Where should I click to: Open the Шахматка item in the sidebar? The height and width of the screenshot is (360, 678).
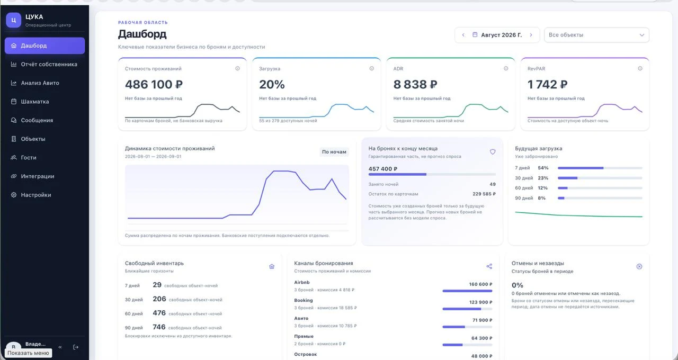coord(35,102)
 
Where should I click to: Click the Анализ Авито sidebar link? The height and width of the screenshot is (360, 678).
coord(40,83)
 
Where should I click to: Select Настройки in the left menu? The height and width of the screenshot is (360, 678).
coord(36,195)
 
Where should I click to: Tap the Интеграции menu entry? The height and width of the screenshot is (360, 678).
coord(38,176)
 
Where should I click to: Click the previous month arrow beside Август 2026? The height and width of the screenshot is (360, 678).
coord(463,35)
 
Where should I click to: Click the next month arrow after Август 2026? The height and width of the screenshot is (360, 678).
coord(531,35)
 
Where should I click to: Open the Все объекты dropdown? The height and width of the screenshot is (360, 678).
coord(596,35)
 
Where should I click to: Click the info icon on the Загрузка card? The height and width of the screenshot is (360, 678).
coord(372,69)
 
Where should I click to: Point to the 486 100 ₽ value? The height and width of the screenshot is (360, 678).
coord(154,84)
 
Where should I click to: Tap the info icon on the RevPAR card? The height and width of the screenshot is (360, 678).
coord(640,69)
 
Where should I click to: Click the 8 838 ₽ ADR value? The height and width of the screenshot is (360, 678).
coord(415,84)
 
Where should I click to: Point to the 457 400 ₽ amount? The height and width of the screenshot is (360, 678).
coord(383,169)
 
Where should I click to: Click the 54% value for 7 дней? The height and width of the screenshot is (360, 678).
coord(543,168)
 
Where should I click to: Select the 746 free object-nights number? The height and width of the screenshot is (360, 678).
coord(159,327)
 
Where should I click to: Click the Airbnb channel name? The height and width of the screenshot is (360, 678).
coord(302,282)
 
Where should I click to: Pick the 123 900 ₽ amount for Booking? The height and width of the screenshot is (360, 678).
coord(480,302)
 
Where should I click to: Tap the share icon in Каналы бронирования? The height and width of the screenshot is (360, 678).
coord(489,266)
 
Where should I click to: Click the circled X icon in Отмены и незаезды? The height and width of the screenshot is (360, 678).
coord(639,266)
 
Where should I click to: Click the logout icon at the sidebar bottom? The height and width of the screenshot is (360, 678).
coord(76,347)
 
